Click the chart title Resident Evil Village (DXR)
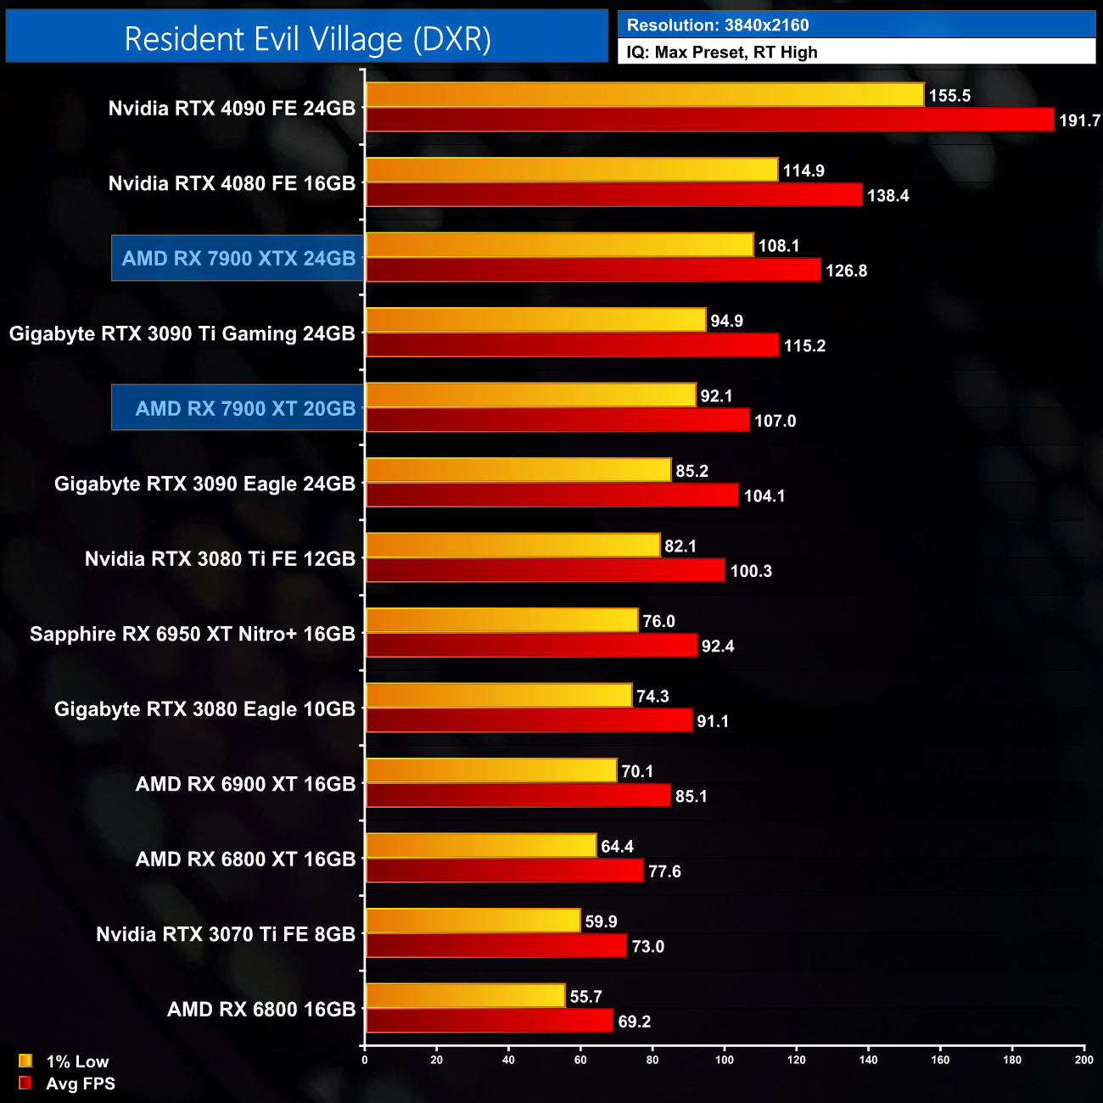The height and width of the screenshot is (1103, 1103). (x=307, y=39)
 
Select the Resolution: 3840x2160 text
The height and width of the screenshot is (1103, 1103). (x=717, y=25)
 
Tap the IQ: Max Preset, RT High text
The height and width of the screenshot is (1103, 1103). (x=721, y=53)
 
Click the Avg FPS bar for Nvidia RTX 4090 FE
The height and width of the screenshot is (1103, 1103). (x=709, y=120)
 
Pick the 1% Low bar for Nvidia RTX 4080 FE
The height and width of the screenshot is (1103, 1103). (x=571, y=170)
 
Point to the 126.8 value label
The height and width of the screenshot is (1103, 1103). (x=846, y=271)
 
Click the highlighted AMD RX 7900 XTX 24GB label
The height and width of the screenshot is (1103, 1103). (x=238, y=259)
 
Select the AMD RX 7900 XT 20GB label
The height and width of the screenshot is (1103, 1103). (x=245, y=409)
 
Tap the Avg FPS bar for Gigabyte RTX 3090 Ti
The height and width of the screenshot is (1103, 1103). (x=572, y=345)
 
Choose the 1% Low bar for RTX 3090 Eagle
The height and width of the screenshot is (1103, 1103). (x=518, y=470)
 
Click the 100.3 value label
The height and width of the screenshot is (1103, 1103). (x=751, y=571)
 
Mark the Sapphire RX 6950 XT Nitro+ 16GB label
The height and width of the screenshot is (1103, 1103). (x=193, y=635)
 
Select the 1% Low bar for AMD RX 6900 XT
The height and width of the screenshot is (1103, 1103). (x=490, y=770)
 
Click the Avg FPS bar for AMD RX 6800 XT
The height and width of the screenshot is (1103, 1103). (x=504, y=871)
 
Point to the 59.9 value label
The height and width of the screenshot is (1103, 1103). (x=601, y=921)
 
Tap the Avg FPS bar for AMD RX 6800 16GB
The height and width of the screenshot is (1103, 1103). (x=489, y=1021)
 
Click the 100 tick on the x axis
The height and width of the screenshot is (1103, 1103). (x=725, y=1060)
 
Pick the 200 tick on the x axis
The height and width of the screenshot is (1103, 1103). (x=1083, y=1060)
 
